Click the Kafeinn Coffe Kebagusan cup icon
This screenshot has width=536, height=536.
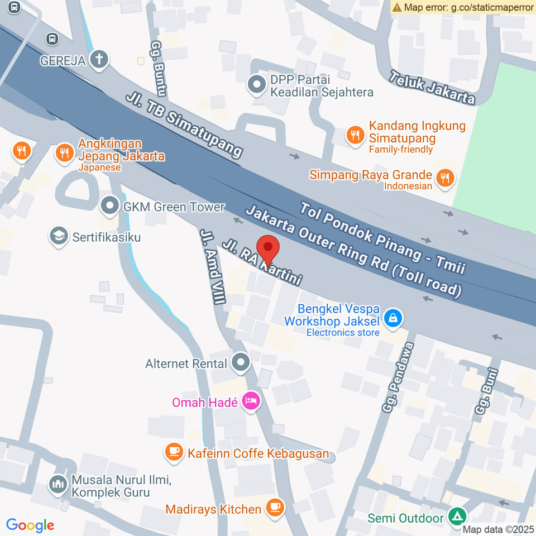click(x=175, y=453)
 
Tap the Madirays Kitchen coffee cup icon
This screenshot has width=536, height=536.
click(x=274, y=508)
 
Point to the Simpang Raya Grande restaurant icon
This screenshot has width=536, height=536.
click(x=445, y=178)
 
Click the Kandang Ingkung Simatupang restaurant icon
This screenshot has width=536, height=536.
click(x=355, y=134)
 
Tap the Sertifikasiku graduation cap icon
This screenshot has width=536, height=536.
click(x=58, y=236)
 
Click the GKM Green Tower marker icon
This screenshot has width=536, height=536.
click(x=108, y=207)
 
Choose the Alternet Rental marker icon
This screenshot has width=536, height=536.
click(x=241, y=363)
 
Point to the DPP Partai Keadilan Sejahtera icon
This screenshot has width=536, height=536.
click(x=257, y=85)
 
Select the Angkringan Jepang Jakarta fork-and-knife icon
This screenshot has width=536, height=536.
click(x=65, y=151)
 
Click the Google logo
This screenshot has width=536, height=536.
click(x=30, y=525)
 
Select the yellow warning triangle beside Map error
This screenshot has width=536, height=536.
click(x=397, y=7)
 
